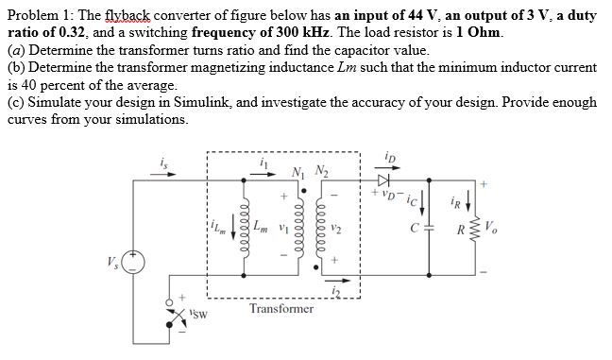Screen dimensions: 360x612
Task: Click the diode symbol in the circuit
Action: tap(382, 179)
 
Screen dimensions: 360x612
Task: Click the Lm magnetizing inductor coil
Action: tap(245, 227)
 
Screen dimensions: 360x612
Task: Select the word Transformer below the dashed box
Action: tap(281, 309)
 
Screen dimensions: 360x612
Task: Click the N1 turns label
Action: tap(298, 171)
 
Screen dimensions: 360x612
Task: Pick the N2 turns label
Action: tap(322, 171)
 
